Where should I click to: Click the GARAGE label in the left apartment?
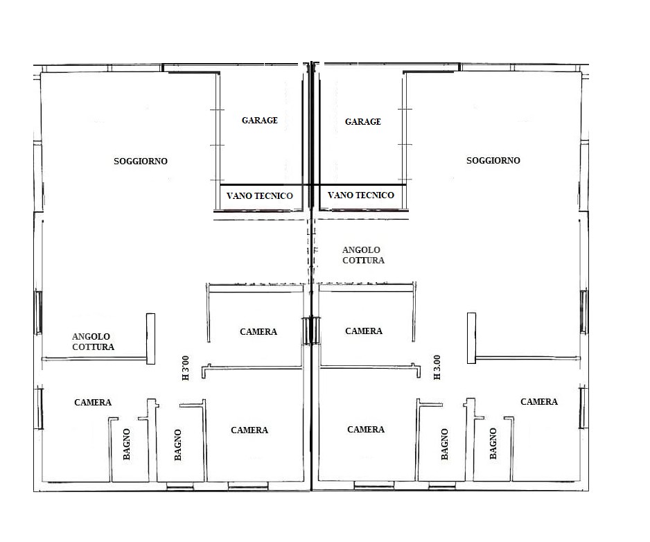click(259, 121)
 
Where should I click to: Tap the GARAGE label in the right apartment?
click(362, 121)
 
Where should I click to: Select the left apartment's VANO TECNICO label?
click(259, 195)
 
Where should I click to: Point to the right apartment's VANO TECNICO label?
click(360, 195)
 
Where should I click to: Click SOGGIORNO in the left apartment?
click(141, 161)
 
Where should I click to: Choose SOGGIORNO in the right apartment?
click(493, 161)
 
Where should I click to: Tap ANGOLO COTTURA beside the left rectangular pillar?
click(93, 342)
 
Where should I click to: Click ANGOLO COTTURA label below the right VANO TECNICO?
click(363, 255)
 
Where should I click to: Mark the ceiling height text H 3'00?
click(185, 368)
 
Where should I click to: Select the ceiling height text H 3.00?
click(437, 367)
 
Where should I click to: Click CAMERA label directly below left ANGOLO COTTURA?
click(93, 402)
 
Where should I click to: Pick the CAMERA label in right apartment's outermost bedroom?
click(539, 401)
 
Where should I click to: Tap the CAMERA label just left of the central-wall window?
click(258, 332)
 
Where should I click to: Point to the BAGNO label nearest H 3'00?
click(178, 444)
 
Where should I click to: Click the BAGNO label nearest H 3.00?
click(445, 444)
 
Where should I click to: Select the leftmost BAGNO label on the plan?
click(127, 444)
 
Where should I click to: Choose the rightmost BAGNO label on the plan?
click(493, 444)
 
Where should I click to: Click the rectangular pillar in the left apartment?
click(151, 339)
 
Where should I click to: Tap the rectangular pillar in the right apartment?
click(472, 338)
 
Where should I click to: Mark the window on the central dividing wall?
click(311, 331)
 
